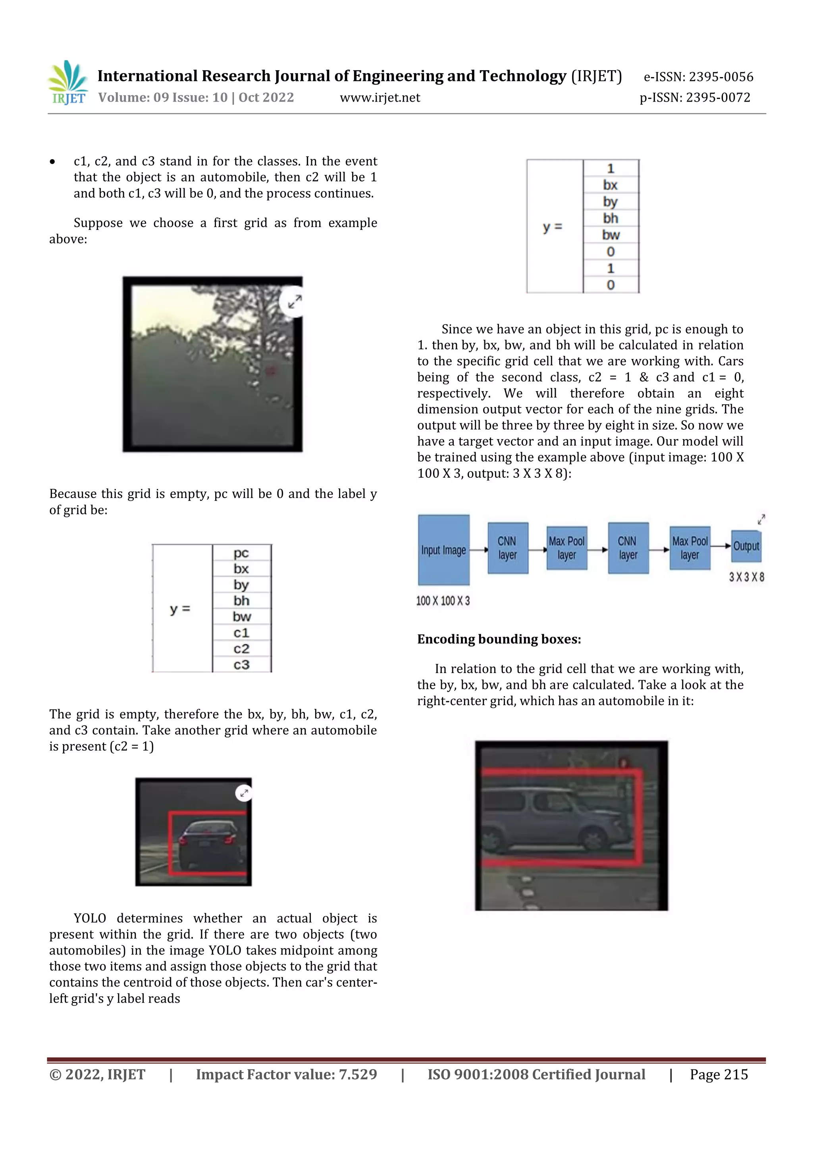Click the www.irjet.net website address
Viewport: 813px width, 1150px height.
[380, 98]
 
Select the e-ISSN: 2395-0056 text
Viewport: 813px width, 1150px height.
[698, 77]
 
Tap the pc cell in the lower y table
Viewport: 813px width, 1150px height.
[241, 553]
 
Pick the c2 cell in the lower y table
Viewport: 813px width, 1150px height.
[241, 648]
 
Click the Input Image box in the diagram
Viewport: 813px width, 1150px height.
[443, 550]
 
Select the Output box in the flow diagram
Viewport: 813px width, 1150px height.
[746, 546]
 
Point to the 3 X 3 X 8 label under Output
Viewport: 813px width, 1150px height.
[746, 577]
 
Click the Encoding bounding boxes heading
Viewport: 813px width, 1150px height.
[499, 639]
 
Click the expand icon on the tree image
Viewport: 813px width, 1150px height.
[295, 301]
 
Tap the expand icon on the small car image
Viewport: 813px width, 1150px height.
[244, 793]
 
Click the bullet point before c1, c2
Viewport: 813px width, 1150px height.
[52, 161]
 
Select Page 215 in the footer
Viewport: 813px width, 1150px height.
[719, 1075]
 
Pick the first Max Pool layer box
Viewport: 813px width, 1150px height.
[567, 548]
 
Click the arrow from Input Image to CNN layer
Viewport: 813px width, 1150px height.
[479, 550]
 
